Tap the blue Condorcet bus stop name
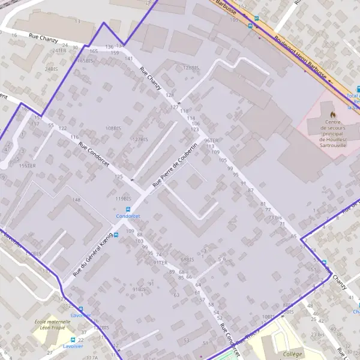coord(128,215)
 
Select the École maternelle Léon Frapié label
coord(52,325)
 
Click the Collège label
coord(292,355)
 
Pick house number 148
coord(76,200)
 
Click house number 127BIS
coord(140,139)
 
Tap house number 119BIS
coord(123,198)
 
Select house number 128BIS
coord(190,68)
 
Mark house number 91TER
coord(160,263)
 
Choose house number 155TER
coord(28,166)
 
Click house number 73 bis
coord(275,217)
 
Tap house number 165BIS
coord(85,61)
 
